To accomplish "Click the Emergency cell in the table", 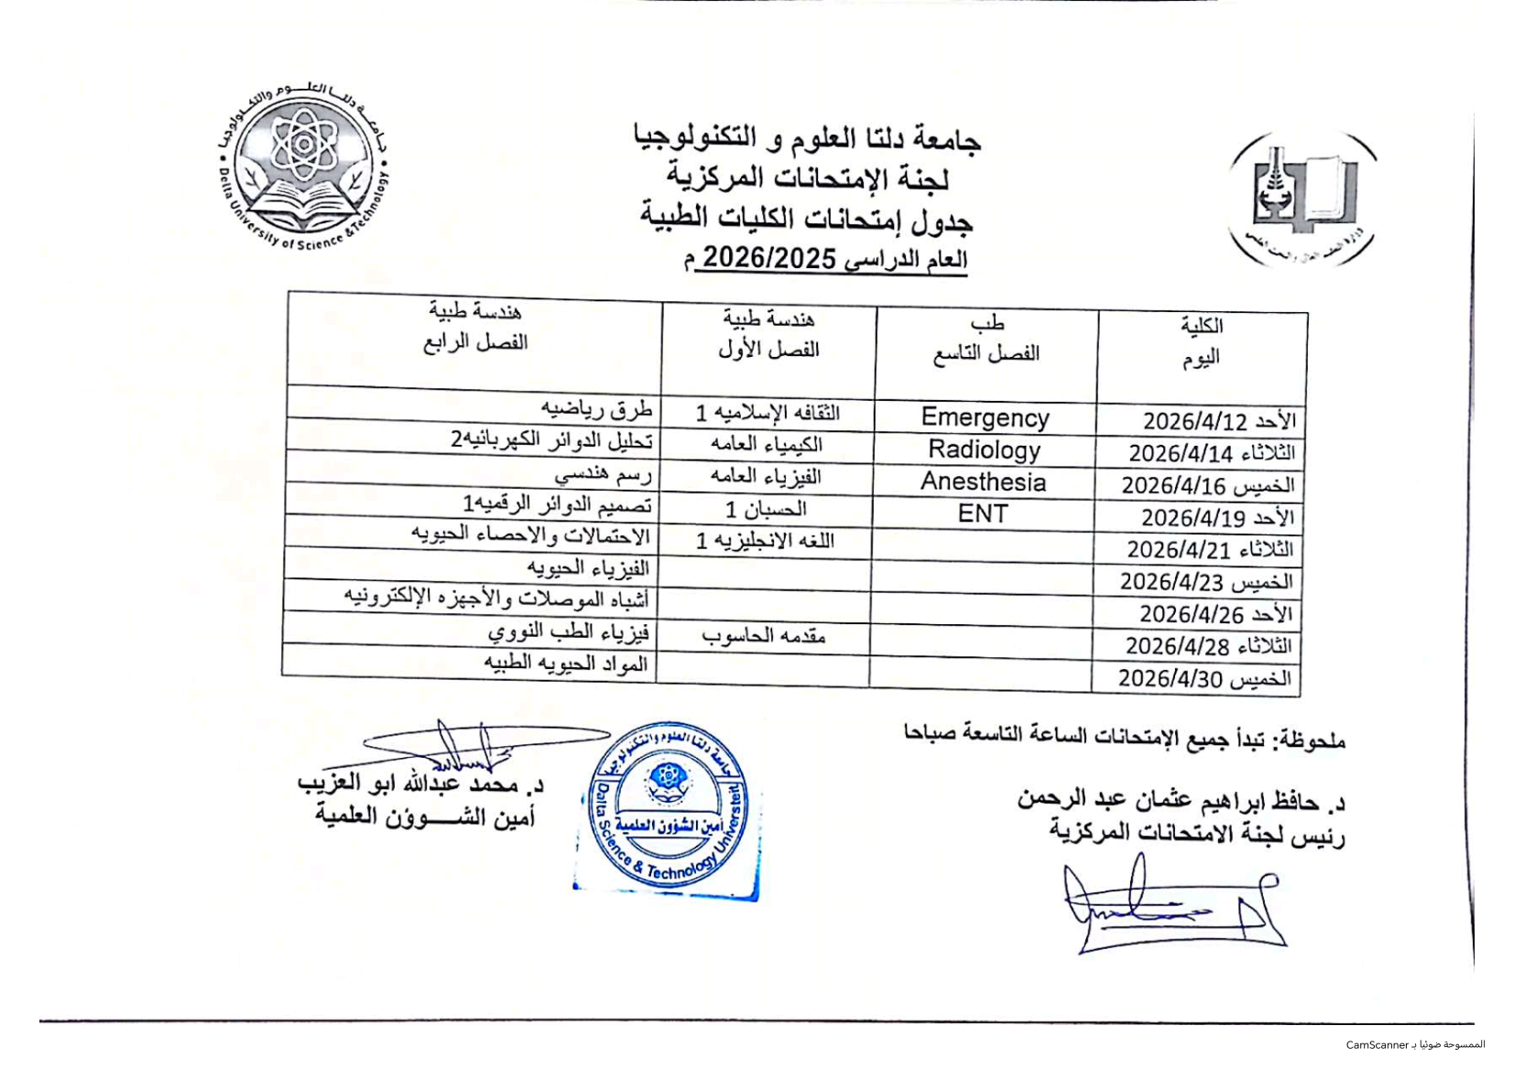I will click(x=985, y=417).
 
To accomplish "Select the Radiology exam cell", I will click(x=985, y=449).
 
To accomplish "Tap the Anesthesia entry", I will click(x=983, y=481).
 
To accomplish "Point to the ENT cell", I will click(x=983, y=513).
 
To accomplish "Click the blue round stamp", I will click(x=669, y=807).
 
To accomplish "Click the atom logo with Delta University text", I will click(x=305, y=168).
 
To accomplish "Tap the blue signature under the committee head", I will click(x=1172, y=906).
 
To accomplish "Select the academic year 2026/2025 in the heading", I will click(x=769, y=259).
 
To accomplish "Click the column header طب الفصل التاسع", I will click(x=986, y=339).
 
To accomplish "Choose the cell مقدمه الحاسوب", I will click(x=764, y=636).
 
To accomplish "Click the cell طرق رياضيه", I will click(x=596, y=407).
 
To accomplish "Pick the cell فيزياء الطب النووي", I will click(x=568, y=632).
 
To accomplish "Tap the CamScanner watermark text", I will click(x=1415, y=1044).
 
